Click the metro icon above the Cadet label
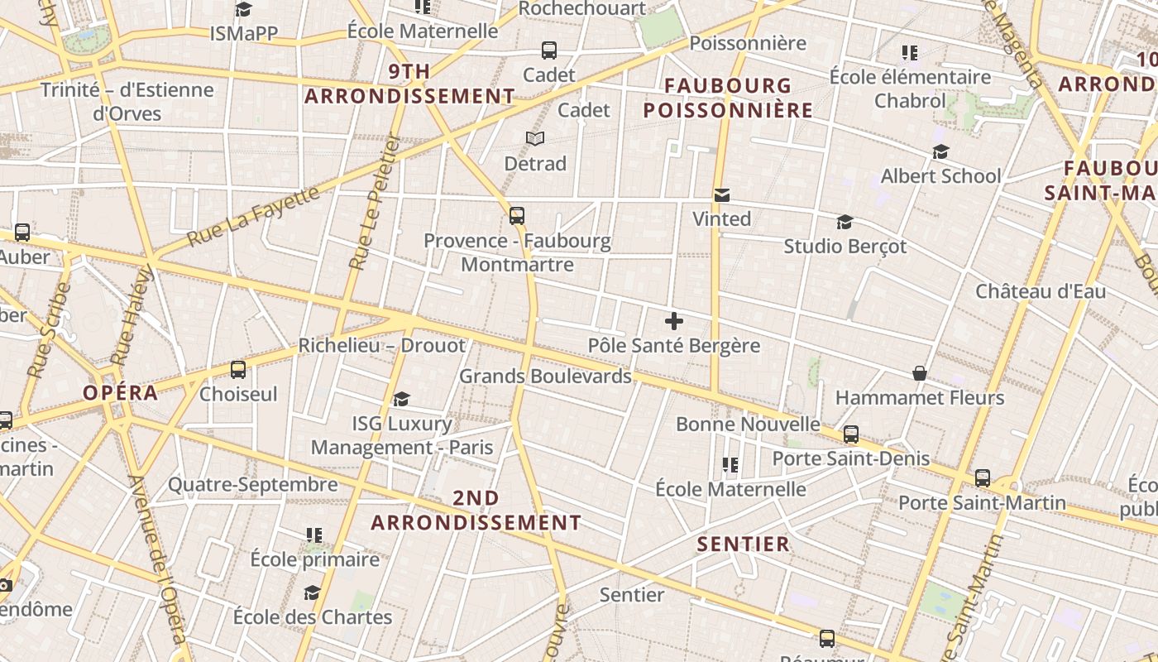coord(549,50)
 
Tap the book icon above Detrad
coord(535,138)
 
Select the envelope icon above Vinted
coord(722,195)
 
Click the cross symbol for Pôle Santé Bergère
coord(674,321)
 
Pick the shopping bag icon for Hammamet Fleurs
coord(919,373)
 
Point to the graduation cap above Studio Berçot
coord(845,223)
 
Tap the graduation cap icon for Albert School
coord(940,151)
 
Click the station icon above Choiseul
coord(238,369)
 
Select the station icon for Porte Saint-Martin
coord(982,477)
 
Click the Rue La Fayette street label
coord(253,216)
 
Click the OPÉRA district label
coord(120,393)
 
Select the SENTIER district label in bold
coord(743,544)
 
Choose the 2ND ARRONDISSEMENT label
coord(476,511)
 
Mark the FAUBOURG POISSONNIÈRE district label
coord(728,98)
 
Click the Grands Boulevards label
coord(545,376)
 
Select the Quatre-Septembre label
coord(253,484)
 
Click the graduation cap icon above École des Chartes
coord(312,592)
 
